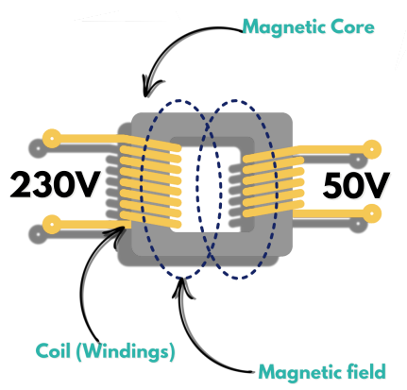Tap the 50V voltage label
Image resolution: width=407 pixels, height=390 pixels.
356,186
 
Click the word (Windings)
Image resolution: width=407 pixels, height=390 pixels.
125,351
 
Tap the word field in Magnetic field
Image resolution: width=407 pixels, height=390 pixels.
365,371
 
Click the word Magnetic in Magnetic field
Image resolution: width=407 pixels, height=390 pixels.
300,372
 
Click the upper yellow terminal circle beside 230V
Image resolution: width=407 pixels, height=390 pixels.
52,138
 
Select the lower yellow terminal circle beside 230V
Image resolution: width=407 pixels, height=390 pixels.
52,225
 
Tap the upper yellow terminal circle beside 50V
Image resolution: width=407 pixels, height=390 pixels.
372,149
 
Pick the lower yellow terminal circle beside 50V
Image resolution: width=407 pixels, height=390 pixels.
372,213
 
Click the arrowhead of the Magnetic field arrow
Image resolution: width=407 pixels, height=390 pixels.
181,284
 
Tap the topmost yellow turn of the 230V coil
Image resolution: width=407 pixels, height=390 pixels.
149,144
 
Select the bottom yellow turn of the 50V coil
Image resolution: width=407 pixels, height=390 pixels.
273,210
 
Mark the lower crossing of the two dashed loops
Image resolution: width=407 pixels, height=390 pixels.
209,252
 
